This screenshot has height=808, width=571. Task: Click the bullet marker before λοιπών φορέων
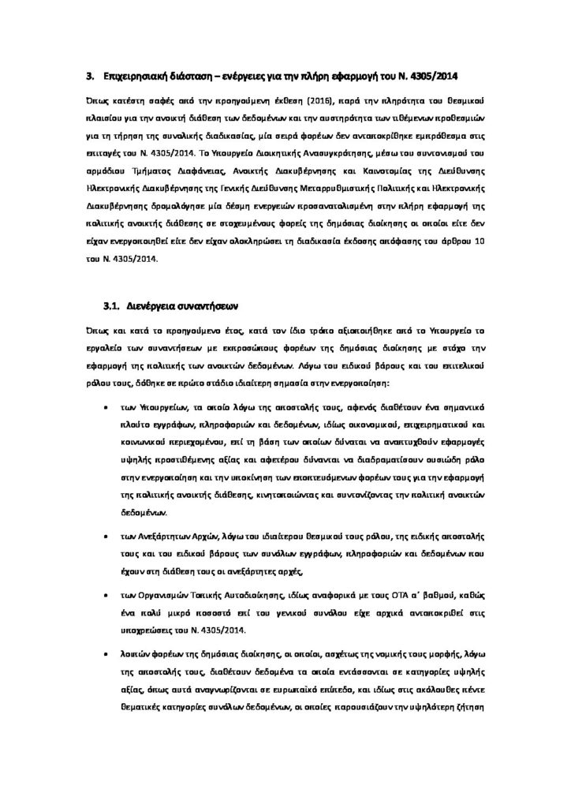click(106, 653)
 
